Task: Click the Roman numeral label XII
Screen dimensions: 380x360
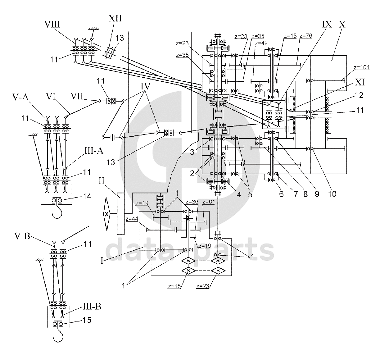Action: coord(115,18)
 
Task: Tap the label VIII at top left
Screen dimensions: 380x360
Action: coord(52,25)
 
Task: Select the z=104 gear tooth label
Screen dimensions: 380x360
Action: coord(361,67)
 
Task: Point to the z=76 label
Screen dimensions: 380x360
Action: coord(306,36)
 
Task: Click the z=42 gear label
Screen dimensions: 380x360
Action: coord(261,43)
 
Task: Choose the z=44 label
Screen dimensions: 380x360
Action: coord(132,219)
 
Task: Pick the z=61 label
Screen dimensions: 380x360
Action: coord(209,202)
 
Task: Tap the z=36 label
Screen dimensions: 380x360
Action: coord(192,202)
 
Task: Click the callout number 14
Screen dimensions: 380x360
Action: coord(87,196)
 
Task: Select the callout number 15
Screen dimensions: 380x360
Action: coord(87,320)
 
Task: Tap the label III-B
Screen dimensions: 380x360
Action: coord(92,307)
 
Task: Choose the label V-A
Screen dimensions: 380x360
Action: coord(20,97)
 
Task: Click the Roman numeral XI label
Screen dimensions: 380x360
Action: coord(360,82)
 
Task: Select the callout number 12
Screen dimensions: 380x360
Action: coord(359,95)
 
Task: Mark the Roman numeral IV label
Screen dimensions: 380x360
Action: coord(145,86)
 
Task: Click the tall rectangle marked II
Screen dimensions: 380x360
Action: coord(120,214)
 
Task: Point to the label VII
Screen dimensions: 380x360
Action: coord(77,96)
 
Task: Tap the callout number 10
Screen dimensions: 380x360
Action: coord(332,194)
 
